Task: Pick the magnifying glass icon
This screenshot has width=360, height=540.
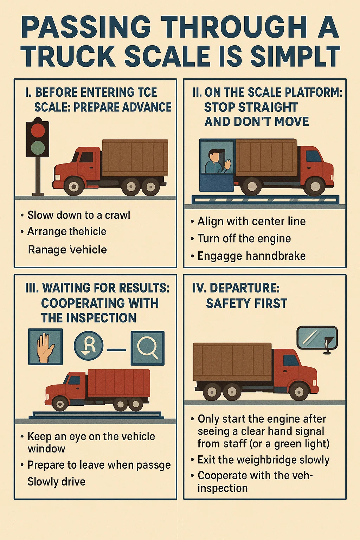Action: pos(148,348)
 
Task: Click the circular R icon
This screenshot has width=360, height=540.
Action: pos(89,346)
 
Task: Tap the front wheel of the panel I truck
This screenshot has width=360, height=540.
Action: pos(74,186)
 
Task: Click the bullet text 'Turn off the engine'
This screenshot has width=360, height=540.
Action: pos(244,239)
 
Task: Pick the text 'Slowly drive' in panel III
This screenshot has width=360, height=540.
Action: pos(56,481)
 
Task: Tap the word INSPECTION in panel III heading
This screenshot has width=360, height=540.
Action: pos(89,317)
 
